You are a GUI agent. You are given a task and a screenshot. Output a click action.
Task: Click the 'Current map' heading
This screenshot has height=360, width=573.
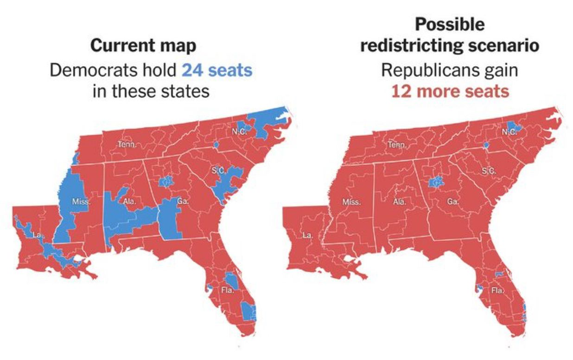click(x=143, y=46)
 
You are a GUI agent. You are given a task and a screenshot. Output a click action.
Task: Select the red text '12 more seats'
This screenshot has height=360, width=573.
click(x=450, y=91)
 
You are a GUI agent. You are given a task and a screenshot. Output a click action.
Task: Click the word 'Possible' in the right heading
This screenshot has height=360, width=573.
click(x=450, y=24)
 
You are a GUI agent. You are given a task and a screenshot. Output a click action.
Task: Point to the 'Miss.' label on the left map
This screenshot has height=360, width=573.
click(x=81, y=202)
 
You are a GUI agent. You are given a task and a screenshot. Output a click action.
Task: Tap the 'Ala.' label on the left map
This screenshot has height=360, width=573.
click(x=130, y=201)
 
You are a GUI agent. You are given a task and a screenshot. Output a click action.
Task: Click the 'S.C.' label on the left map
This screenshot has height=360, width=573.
click(x=218, y=171)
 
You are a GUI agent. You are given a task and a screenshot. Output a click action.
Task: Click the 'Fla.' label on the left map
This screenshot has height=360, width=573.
click(x=227, y=291)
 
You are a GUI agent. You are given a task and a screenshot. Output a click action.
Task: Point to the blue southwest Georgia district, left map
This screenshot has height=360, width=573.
click(x=169, y=220)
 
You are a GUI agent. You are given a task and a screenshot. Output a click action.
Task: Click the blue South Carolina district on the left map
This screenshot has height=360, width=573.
click(x=227, y=183)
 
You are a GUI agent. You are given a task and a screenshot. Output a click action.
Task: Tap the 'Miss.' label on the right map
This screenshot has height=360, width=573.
click(x=351, y=202)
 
